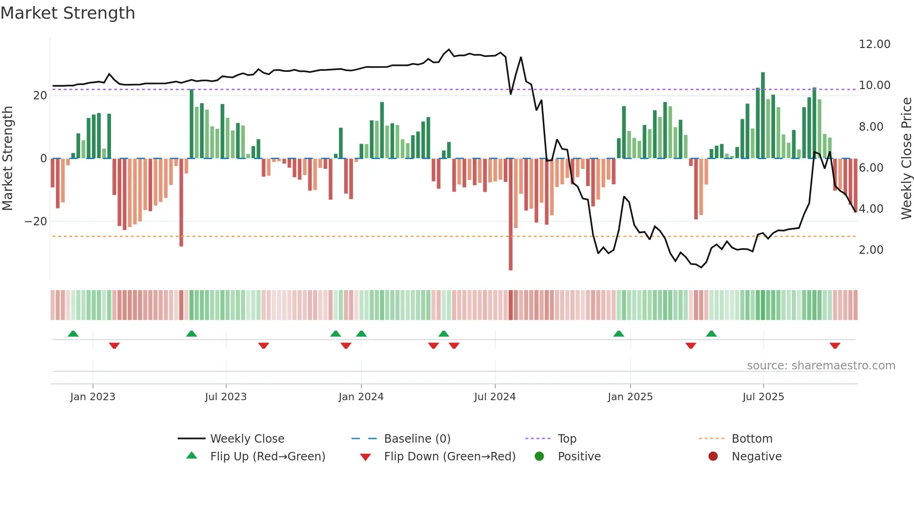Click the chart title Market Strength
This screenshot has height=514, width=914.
pos(68,13)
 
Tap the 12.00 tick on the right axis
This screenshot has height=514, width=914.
pos(874,44)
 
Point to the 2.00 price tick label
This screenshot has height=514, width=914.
pos(871,250)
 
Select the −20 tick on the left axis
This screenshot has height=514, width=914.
pos(36,222)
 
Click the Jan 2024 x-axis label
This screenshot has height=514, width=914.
pos(361,397)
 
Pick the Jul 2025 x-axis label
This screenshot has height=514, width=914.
pos(763,397)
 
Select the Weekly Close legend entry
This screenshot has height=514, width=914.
pos(247,439)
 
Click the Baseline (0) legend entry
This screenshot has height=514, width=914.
pos(417,439)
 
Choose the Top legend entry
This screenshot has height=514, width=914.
pos(567,439)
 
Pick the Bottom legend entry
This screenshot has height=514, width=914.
pos(752,439)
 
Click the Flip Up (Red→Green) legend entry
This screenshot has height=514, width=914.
pos(267,457)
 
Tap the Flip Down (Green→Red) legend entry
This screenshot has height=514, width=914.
pos(450,457)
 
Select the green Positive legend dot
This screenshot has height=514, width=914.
pos(540,457)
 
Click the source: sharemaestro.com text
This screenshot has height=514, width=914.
pos(821,366)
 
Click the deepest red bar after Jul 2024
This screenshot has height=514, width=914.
pos(511,215)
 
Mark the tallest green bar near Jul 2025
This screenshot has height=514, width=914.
pos(763,116)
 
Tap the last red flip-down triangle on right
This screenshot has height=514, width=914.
pos(835,346)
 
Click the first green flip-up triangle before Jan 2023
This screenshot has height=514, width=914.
pos(73,333)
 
